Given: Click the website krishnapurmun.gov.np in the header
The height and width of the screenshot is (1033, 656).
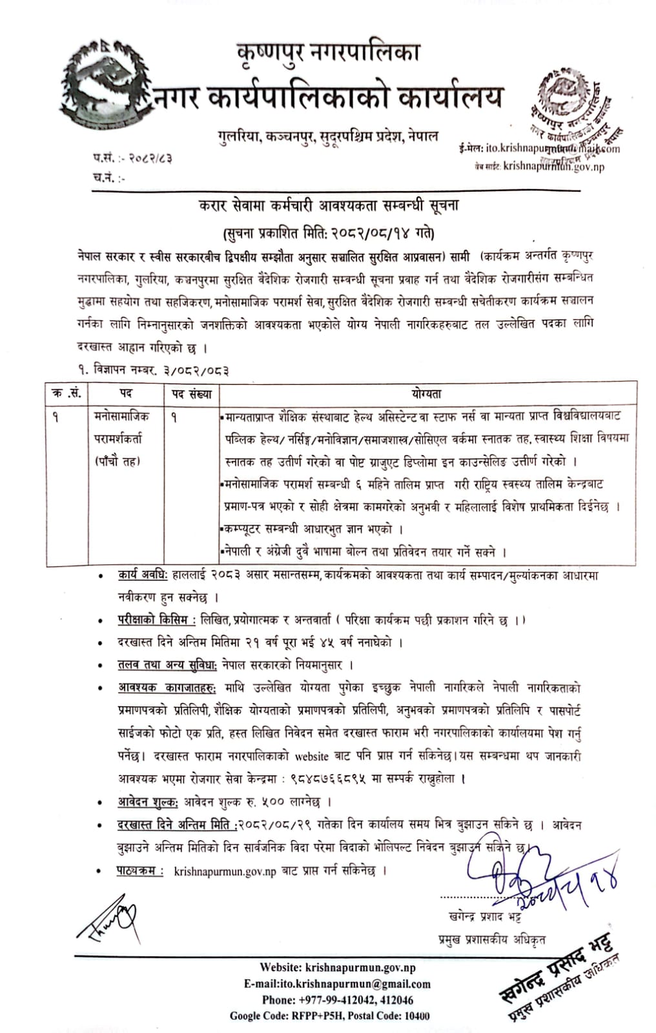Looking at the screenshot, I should pyautogui.click(x=553, y=167).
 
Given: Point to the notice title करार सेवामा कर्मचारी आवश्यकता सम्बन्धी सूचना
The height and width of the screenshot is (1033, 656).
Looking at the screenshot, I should pyautogui.click(x=329, y=207).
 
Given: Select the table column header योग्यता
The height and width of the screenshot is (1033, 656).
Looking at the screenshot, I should pyautogui.click(x=426, y=393).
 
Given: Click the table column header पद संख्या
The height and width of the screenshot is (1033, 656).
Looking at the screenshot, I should pyautogui.click(x=192, y=393).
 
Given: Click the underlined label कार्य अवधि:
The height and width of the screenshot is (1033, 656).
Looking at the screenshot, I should pyautogui.click(x=143, y=575).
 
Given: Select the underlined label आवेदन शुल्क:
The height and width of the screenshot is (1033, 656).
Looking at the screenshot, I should pyautogui.click(x=148, y=802).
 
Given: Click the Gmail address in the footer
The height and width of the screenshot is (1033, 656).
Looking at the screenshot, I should pyautogui.click(x=337, y=984).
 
